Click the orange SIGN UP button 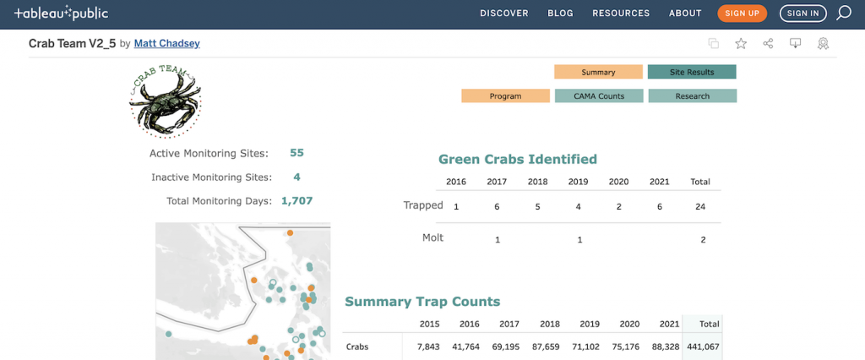click(743, 14)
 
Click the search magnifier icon click(843, 14)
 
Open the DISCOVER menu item click(504, 14)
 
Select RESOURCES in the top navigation click(621, 14)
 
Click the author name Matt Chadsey click(166, 43)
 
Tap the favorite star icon click(741, 44)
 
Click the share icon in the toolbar click(768, 44)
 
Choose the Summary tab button click(598, 73)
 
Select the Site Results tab click(692, 73)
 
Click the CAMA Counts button click(599, 96)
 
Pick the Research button click(692, 96)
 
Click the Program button click(505, 96)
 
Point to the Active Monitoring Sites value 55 click(296, 153)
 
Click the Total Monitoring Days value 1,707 click(296, 201)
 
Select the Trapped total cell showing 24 click(700, 207)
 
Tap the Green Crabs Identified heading click(518, 160)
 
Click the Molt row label click(432, 238)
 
